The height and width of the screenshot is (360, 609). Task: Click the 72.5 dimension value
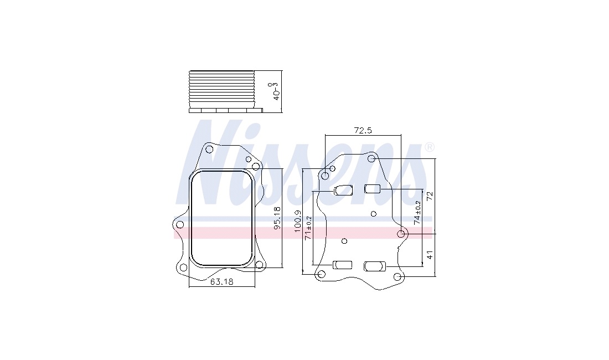(363, 130)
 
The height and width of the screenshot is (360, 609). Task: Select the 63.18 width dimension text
(222, 281)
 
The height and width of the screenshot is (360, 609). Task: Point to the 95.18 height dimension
(277, 218)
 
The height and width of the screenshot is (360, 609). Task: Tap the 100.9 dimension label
(298, 222)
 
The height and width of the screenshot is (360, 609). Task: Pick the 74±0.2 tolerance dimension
(417, 213)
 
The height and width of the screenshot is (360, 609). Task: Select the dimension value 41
(430, 255)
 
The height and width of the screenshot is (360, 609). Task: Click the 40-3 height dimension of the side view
(276, 91)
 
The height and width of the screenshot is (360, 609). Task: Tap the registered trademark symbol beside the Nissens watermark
(429, 147)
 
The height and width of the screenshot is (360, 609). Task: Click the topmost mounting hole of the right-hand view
(371, 158)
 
